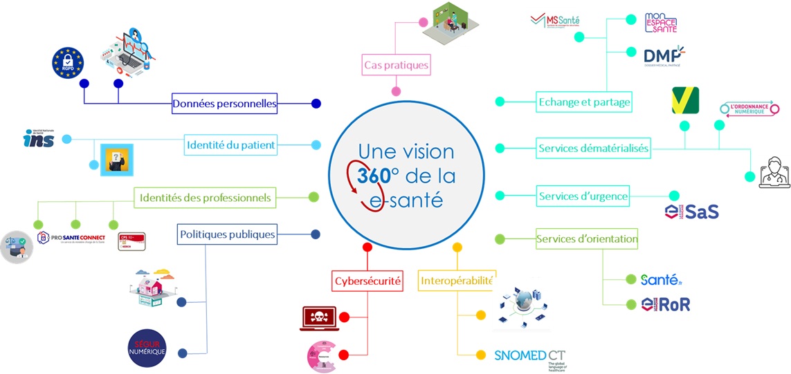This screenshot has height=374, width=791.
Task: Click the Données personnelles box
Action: point(224,104)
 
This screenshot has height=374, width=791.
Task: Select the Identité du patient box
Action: point(230,145)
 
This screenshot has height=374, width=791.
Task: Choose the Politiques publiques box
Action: point(227,234)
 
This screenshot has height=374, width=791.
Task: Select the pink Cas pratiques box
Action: point(397,66)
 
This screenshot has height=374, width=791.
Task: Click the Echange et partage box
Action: point(585,102)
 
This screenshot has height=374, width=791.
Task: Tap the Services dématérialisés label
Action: point(594,148)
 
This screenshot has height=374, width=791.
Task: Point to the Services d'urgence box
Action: point(583,196)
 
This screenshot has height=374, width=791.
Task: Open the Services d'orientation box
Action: point(587,240)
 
